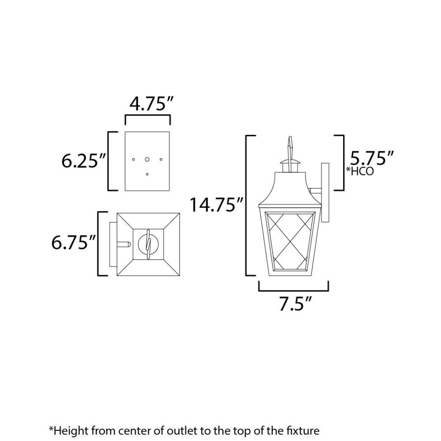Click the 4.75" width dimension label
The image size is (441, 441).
tap(152, 104)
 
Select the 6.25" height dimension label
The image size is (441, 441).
tap(83, 161)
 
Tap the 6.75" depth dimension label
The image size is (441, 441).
tap(74, 242)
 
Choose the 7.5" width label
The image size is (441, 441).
tap(295, 303)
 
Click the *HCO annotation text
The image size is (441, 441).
tap(360, 171)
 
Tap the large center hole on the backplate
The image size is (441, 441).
tap(147, 160)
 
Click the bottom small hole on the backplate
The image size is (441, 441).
tap(147, 174)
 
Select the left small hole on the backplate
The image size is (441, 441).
tap(133, 160)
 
